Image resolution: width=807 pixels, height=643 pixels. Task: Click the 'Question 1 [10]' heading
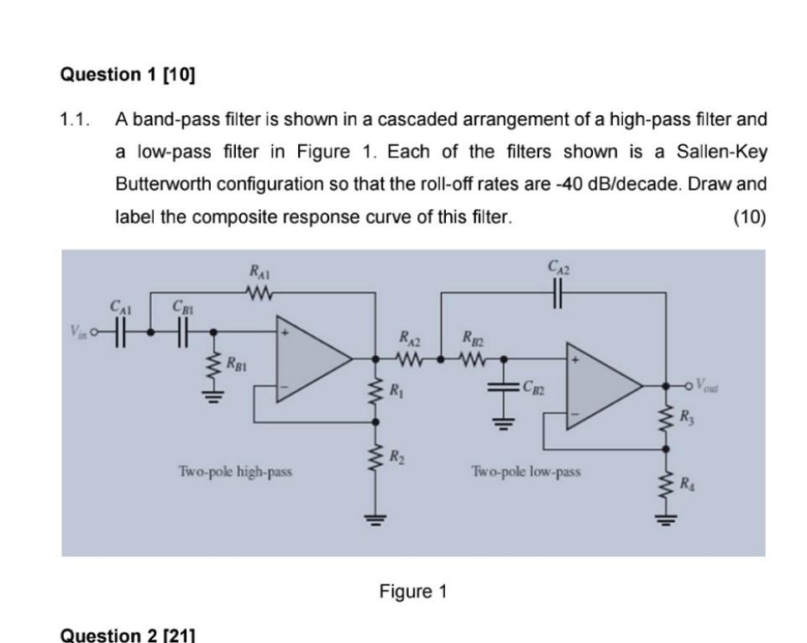[127, 75]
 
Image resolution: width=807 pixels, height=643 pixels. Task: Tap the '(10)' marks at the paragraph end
[749, 217]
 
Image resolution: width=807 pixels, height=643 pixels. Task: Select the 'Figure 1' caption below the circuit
[413, 592]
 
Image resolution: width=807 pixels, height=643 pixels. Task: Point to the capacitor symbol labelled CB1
[181, 331]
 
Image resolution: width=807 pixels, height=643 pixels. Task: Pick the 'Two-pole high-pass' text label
[235, 471]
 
